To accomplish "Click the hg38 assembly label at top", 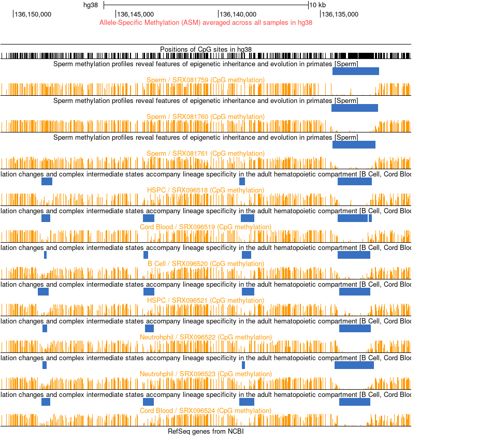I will (x=91, y=5).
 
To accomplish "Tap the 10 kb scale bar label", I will (x=317, y=5).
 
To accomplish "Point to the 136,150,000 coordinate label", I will (x=33, y=14).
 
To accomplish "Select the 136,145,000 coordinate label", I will (x=136, y=14).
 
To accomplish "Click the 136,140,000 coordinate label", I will (x=238, y=14).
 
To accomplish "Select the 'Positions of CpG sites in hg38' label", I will (x=206, y=49).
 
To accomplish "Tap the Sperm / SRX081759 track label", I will (x=206, y=80).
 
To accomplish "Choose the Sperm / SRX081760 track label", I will (x=206, y=117).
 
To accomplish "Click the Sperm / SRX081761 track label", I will (x=206, y=154).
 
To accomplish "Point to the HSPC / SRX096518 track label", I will (x=206, y=190).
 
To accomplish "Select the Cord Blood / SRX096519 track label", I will (x=206, y=227).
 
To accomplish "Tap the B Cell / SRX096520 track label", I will (x=206, y=264).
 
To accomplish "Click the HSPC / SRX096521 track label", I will (x=206, y=301).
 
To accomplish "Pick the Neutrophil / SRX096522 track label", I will (x=206, y=337).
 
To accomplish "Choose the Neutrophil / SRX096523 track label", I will (x=206, y=374).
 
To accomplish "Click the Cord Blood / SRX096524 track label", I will (x=206, y=411).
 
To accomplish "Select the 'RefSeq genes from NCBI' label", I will (x=206, y=431).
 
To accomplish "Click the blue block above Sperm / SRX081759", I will (x=356, y=71).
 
